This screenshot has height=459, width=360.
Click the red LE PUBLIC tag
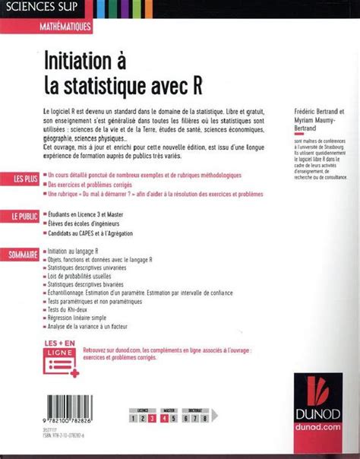[24, 217]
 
